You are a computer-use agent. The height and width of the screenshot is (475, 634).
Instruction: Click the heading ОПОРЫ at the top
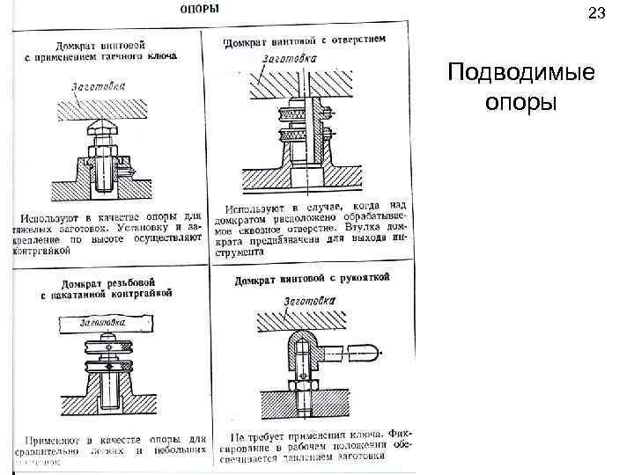pos(201,10)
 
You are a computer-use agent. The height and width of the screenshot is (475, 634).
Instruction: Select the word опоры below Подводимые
pos(520,101)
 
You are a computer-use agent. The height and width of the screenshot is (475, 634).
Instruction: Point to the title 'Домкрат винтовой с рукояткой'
pos(312,280)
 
